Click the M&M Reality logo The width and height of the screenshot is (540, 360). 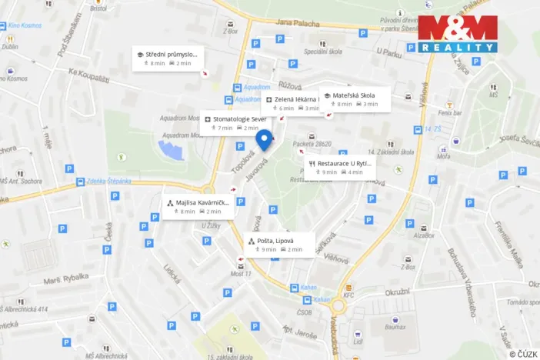pyautogui.click(x=457, y=34)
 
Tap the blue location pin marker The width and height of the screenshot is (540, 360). pyautogui.click(x=264, y=139)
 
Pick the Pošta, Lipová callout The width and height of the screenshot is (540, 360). pyautogui.click(x=280, y=245)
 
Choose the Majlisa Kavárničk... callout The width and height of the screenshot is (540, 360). pyautogui.click(x=196, y=206)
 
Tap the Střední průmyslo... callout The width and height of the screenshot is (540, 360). pyautogui.click(x=166, y=58)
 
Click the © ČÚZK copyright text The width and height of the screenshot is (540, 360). pyautogui.click(x=522, y=353)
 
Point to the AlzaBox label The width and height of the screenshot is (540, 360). pyautogui.click(x=423, y=235)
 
